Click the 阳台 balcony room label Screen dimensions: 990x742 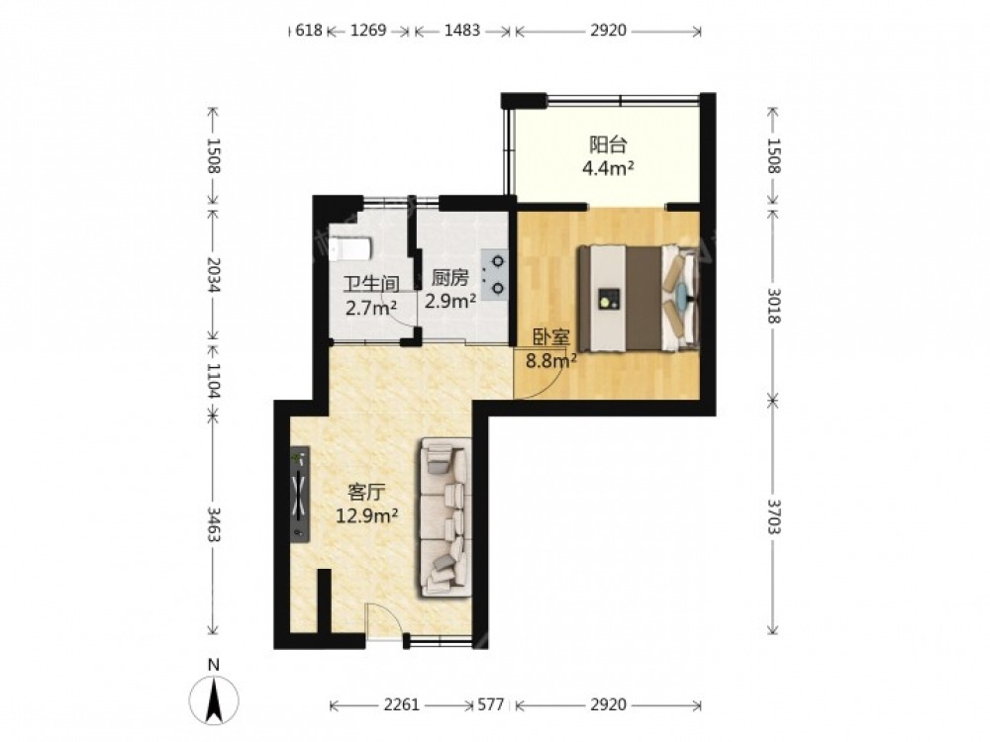(x=608, y=145)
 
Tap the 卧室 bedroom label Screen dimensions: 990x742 (x=550, y=337)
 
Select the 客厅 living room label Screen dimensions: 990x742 (x=367, y=492)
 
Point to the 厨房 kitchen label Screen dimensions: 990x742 (x=449, y=278)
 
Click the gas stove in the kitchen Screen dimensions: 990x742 (x=495, y=274)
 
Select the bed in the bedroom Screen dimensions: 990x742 (x=639, y=297)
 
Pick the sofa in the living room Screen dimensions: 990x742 (x=445, y=517)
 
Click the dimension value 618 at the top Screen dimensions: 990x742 (x=309, y=31)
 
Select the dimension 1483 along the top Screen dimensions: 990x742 (x=462, y=31)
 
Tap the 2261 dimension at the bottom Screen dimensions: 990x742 (x=402, y=704)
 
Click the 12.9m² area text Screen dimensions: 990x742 (x=367, y=516)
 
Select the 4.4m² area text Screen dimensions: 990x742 (x=608, y=169)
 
